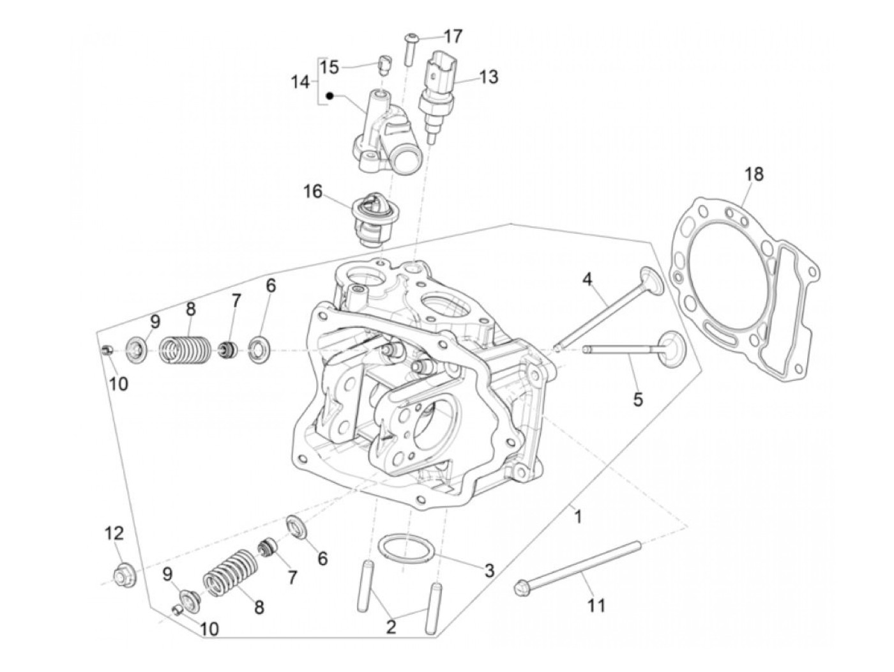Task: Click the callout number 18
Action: (754, 174)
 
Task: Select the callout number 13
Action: (488, 77)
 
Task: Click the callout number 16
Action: (313, 192)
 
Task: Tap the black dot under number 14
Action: (330, 96)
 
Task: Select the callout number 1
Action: (577, 515)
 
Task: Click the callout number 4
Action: (587, 279)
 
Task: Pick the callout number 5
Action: (638, 400)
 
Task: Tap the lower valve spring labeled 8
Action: (230, 571)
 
